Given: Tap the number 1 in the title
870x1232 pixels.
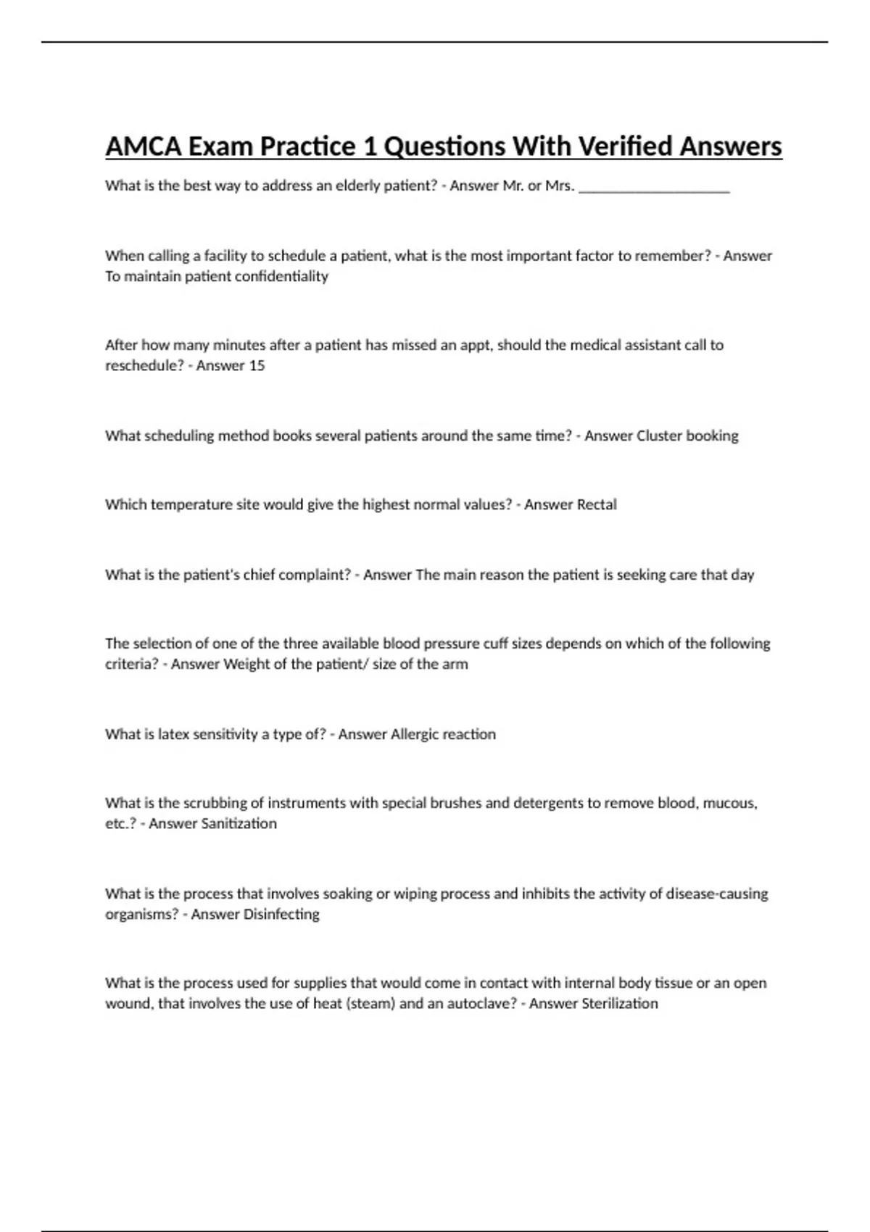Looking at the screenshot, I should (x=369, y=146).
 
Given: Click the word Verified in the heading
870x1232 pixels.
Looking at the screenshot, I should (x=621, y=146).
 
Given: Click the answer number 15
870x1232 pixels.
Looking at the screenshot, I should (x=257, y=365).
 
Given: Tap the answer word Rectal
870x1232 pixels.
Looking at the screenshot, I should (x=594, y=504).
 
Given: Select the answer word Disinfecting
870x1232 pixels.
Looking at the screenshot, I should (x=281, y=914).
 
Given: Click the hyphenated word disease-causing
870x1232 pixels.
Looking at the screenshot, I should (x=717, y=894).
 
